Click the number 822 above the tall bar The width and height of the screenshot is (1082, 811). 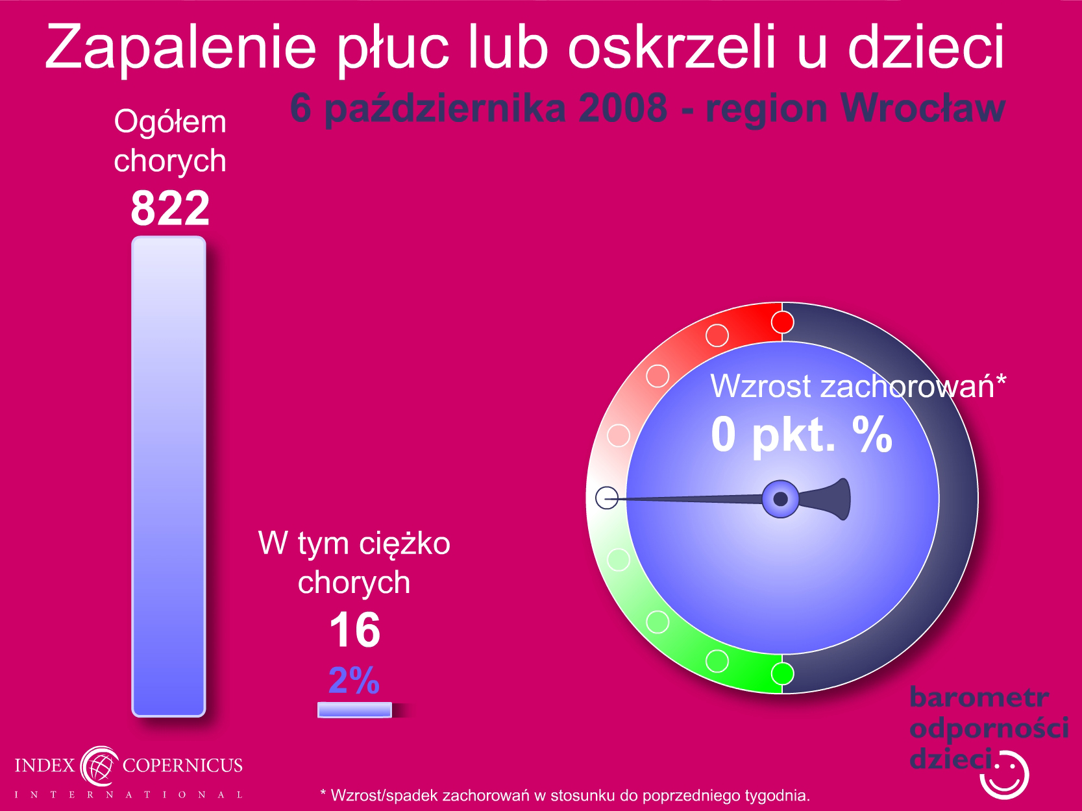(170, 208)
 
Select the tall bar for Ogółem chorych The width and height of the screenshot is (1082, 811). (169, 476)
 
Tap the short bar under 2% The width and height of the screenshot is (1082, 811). (354, 710)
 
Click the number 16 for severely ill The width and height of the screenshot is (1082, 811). (354, 630)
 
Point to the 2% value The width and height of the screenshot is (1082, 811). (354, 681)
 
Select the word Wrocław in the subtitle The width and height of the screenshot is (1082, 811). (923, 109)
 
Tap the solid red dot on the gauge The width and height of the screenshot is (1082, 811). (782, 322)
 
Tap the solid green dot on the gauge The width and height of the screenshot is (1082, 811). (782, 673)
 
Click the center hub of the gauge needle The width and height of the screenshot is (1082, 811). (780, 499)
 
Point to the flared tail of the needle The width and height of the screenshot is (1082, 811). (828, 499)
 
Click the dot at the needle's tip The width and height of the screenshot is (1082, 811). (607, 498)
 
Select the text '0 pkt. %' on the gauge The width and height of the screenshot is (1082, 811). (802, 435)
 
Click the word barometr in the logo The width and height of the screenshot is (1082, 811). (979, 697)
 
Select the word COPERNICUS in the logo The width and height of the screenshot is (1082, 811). (182, 765)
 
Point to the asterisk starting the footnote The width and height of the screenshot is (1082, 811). (323, 793)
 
